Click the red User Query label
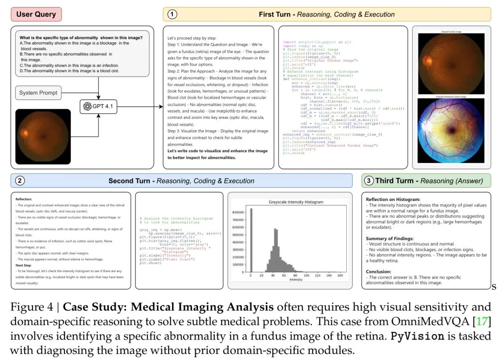tap(36, 14)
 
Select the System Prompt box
tap(39, 93)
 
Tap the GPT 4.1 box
tap(98, 107)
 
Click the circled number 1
tap(172, 14)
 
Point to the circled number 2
tap(20, 180)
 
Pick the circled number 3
tap(369, 180)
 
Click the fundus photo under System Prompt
tap(43, 136)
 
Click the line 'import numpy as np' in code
tap(303, 47)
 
